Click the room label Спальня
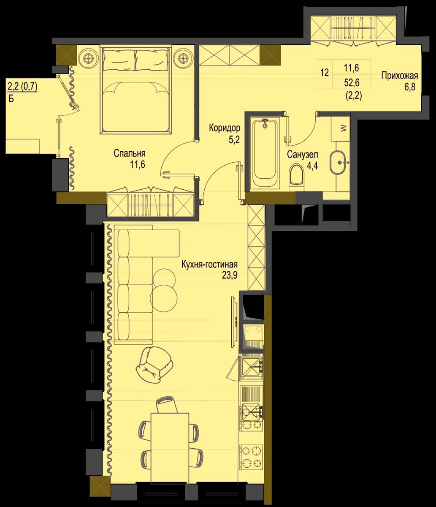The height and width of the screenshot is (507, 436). pos(130,153)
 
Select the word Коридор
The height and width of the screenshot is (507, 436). pos(225,128)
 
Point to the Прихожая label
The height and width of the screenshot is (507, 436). pos(399,76)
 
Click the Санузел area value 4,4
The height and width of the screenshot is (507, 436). pos(312,166)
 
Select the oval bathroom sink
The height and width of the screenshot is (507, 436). pos(338,162)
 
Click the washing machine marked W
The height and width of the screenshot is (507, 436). pos(341,128)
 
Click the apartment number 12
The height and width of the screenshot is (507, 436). pos(325,73)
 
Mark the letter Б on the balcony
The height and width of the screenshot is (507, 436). pos(11,99)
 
